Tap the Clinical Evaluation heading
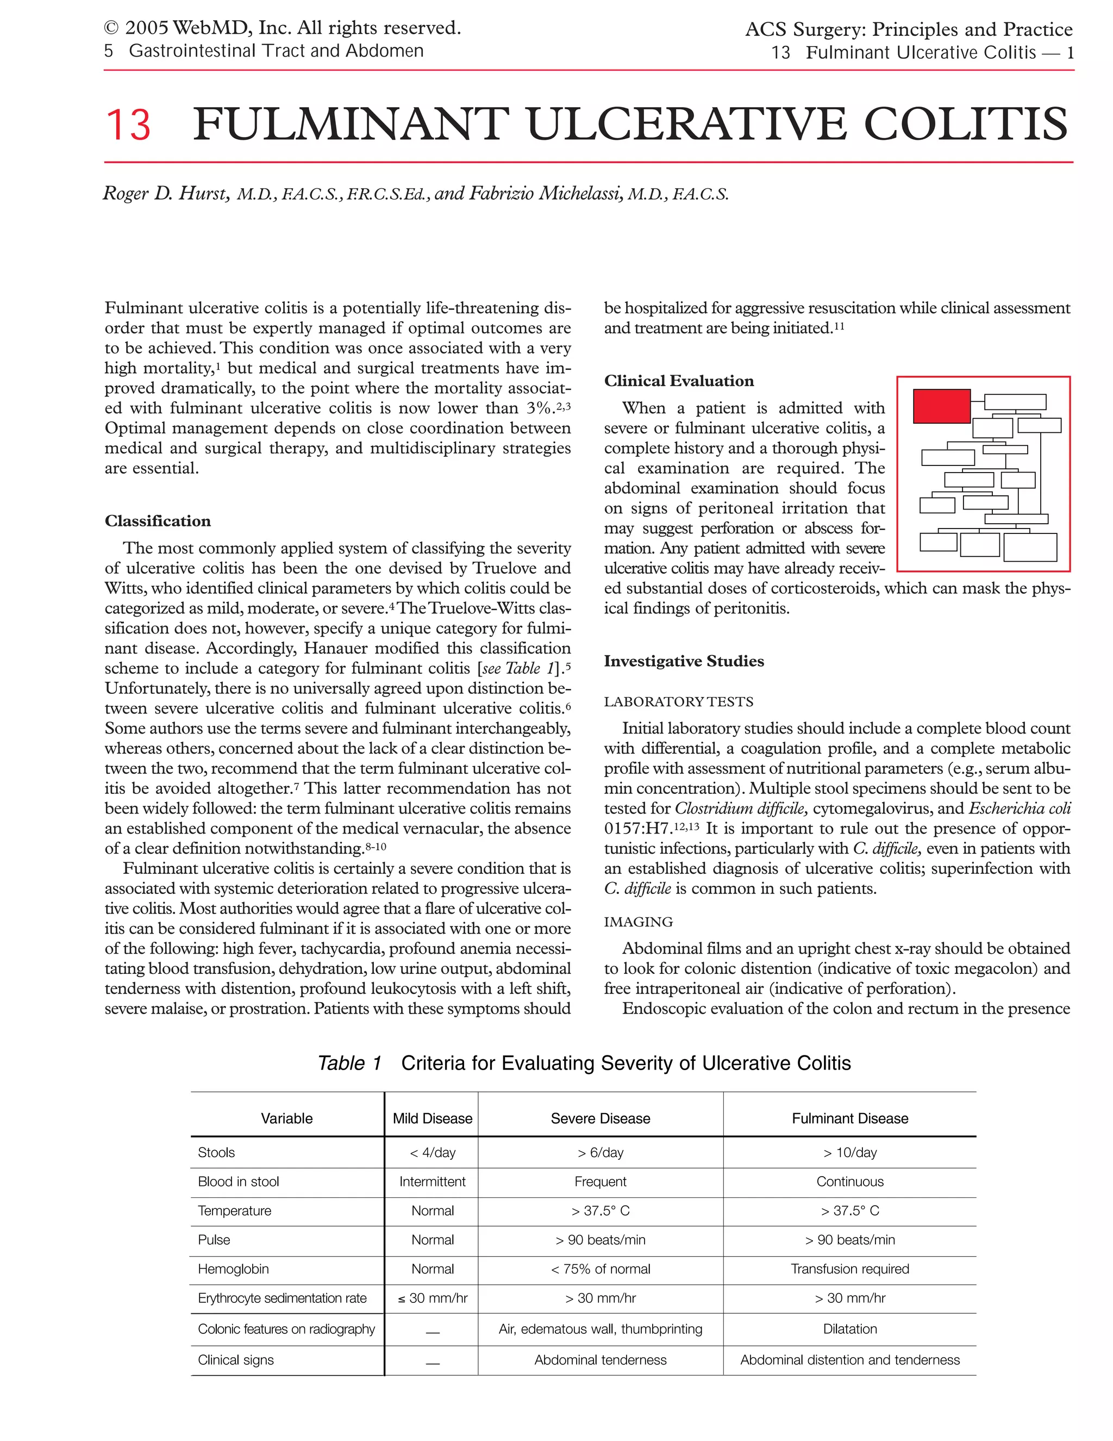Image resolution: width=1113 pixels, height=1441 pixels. pos(678,381)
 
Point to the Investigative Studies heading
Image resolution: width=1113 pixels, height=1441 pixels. pos(684,661)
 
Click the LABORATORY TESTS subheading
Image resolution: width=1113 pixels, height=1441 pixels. pos(678,701)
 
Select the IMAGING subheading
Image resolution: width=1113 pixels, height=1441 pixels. pos(638,922)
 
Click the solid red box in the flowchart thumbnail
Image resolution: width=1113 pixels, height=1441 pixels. pos(941,406)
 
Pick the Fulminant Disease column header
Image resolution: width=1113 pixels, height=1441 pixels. pos(849,1119)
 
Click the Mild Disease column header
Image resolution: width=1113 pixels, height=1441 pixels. pos(433,1119)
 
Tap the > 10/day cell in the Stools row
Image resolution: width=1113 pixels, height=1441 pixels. pos(849,1153)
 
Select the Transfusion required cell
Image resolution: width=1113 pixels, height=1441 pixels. pos(849,1269)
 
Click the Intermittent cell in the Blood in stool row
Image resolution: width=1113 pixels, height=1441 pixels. pos(433,1182)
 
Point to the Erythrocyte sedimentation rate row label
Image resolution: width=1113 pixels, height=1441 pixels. pos(282,1298)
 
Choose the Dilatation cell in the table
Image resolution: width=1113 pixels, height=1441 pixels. pos(849,1329)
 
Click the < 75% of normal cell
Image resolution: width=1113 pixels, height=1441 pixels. pos(600,1269)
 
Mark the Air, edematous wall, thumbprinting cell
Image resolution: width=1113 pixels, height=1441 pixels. pos(600,1329)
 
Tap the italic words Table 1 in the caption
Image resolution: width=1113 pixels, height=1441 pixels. pos(349,1063)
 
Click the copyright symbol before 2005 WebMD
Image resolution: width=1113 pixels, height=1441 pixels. pos(111,28)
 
